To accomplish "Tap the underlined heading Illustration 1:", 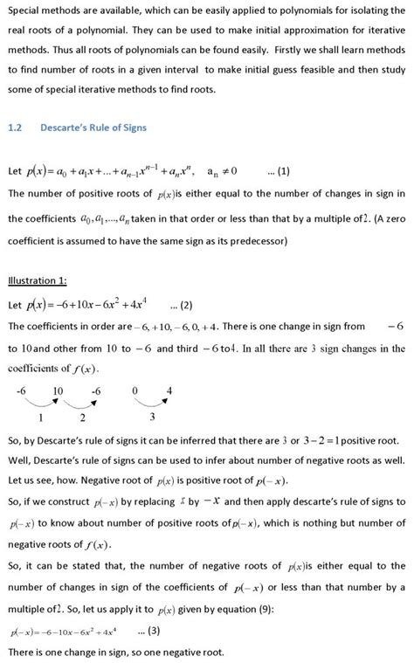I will click(x=38, y=280).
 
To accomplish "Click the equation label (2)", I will click(x=182, y=305).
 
